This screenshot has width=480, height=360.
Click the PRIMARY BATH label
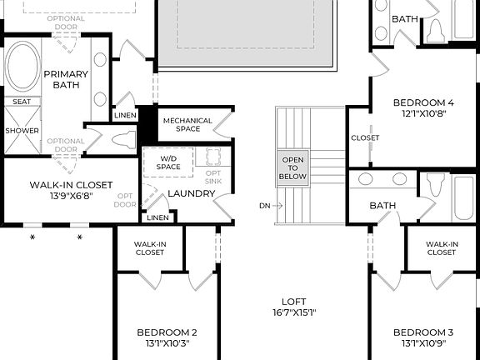65,79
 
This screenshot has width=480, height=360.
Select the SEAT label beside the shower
20,102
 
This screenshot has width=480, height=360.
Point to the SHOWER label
22,131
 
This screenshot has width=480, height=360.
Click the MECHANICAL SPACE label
187,124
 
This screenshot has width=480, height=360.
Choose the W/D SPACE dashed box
167,162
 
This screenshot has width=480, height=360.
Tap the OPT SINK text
213,177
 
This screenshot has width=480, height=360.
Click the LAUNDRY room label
192,194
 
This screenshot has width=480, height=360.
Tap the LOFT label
293,302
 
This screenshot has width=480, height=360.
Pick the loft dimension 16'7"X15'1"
293,313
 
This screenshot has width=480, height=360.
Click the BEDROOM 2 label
167,332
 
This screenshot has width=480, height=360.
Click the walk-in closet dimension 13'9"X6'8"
70,197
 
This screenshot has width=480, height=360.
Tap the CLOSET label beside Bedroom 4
365,137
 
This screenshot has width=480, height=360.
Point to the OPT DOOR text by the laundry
125,198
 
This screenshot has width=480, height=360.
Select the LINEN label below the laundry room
157,217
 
